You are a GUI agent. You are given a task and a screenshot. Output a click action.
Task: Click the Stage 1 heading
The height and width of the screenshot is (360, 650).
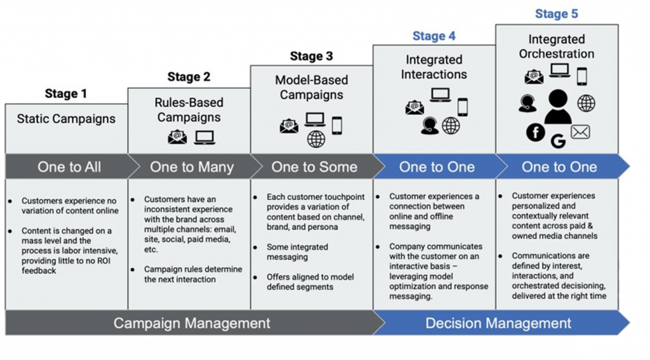point(66,94)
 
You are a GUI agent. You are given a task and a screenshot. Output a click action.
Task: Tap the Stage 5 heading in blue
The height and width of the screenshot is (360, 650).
point(556,14)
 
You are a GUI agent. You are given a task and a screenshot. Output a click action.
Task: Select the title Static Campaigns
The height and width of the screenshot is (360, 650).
point(66,119)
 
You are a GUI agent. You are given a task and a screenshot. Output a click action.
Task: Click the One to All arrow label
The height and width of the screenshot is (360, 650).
point(69,167)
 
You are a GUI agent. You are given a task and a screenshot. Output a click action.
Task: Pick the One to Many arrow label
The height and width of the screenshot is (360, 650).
point(192,167)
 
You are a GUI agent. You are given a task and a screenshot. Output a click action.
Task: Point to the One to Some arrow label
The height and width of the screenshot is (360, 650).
point(314,167)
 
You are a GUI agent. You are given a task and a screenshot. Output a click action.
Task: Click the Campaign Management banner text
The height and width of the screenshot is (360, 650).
point(192,323)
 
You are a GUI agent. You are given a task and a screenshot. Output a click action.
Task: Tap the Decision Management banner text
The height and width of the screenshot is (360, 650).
point(498,323)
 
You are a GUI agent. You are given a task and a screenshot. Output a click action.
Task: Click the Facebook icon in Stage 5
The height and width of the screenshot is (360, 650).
point(536,132)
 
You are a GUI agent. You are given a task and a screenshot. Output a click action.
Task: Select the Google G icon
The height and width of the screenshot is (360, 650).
point(559,142)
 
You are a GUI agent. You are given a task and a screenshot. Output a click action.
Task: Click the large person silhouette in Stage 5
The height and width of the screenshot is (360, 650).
point(558,107)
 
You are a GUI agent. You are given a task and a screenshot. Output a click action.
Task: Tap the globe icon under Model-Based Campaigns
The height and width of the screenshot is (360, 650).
point(316,139)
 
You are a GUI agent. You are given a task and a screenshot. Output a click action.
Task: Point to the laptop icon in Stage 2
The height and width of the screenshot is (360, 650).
point(205,137)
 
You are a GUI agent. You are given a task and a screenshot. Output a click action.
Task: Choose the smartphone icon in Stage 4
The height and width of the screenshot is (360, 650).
point(463,107)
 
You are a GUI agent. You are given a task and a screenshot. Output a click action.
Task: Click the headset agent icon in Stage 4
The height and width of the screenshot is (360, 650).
point(430,126)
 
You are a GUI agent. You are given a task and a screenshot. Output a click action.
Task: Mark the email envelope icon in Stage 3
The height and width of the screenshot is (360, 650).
point(289,125)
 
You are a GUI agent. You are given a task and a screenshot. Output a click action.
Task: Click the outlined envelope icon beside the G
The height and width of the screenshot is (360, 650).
point(580,132)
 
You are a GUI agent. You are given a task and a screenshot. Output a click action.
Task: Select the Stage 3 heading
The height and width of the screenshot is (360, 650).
point(311,57)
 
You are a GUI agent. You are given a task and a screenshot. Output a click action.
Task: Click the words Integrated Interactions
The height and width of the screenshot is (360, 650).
point(434,67)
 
